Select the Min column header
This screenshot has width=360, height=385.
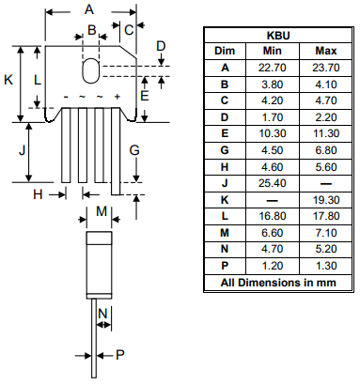272,50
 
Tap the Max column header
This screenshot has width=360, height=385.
325,50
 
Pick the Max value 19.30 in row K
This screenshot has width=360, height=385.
325,200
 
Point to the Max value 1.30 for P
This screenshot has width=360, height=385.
325,267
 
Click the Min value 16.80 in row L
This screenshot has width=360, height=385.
272,217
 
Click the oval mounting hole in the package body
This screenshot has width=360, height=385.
90,71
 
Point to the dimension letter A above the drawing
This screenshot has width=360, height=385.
89,9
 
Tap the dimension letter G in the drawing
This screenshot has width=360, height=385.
134,149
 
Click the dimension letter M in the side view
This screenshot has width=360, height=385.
102,211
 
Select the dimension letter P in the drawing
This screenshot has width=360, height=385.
119,355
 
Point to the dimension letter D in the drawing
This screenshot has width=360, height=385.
161,45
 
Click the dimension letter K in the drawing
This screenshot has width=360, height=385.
8,80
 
